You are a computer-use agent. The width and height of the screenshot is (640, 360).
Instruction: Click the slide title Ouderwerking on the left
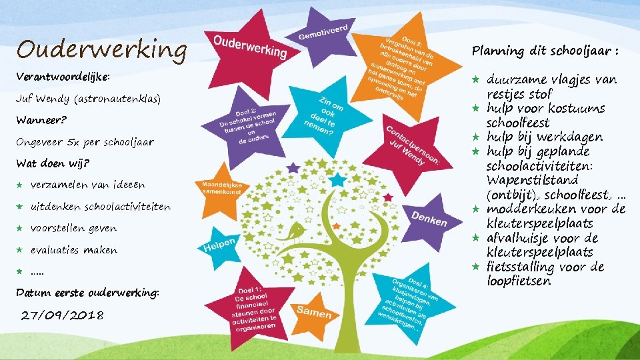102,49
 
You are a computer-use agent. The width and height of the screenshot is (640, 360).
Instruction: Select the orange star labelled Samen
314,311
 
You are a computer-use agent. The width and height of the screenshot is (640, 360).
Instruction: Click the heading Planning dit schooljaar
546,51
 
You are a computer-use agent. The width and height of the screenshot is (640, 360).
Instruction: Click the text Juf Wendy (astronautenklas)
89,99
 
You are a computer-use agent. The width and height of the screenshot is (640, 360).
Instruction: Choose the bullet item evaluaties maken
74,250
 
